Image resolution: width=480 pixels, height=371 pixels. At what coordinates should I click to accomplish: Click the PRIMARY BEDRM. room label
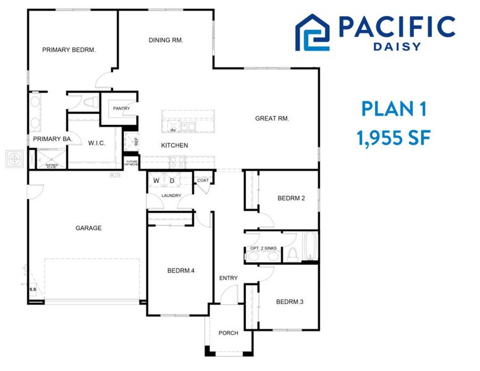(69, 50)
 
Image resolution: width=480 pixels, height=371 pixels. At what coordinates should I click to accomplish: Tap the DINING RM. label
(166, 40)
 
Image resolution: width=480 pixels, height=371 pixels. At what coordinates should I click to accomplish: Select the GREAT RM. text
(272, 118)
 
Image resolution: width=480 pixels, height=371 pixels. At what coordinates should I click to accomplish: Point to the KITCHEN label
(175, 145)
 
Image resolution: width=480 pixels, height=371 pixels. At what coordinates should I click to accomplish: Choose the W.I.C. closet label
(96, 143)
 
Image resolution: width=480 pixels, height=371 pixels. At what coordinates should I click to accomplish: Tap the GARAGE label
(88, 228)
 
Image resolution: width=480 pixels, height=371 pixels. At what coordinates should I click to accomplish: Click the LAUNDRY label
(171, 196)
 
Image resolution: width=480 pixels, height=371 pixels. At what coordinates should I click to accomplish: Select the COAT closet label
(202, 181)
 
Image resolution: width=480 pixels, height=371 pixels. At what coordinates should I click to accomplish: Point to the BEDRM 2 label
(292, 198)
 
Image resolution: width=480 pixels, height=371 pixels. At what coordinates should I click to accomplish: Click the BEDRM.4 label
(180, 270)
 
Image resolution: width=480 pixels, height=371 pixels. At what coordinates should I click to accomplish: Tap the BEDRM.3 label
(290, 302)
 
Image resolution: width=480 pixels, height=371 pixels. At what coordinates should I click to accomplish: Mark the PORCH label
(228, 333)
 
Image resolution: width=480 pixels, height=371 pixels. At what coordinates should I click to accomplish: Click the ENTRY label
(228, 278)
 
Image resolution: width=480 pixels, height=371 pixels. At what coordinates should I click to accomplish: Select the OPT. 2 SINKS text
(263, 248)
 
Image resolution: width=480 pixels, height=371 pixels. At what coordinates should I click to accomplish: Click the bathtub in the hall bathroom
(309, 247)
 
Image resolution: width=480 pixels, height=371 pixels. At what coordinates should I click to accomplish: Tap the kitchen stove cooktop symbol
(177, 162)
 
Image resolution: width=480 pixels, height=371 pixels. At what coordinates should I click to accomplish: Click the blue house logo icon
(313, 32)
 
